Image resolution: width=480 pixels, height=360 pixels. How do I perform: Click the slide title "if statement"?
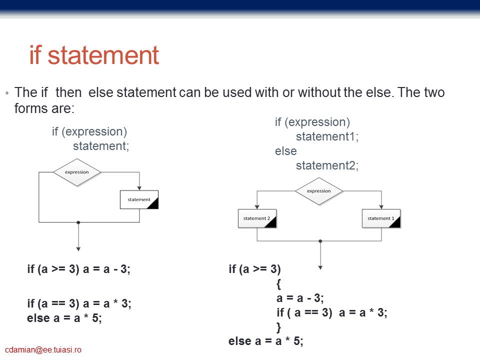coord(94,55)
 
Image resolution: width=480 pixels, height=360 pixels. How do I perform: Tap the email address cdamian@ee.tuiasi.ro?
coord(43,349)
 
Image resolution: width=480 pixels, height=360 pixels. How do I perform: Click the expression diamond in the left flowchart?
coord(77,172)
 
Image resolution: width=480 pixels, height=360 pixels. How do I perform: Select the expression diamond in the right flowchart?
coord(319,191)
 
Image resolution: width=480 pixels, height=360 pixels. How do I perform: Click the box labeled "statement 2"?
coord(257,218)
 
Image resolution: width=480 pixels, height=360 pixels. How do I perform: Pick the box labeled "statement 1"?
coord(381,218)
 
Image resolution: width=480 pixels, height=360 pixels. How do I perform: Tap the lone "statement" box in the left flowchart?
coord(139,199)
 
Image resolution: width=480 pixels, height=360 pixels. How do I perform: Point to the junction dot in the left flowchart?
coord(78,222)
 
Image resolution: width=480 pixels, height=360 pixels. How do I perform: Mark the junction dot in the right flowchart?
coord(320,241)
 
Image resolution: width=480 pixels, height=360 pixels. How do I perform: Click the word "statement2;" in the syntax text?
coord(327,165)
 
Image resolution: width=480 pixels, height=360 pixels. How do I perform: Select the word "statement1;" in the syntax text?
coord(327,136)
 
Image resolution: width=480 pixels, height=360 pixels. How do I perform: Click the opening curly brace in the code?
coord(278,284)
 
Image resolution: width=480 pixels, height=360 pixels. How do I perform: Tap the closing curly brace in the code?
coord(278,327)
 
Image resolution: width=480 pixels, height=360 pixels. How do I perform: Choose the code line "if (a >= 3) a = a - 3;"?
coord(78,269)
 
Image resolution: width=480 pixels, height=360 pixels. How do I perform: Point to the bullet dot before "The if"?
coord(7,93)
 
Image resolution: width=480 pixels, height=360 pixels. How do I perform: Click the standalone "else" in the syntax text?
coord(285,151)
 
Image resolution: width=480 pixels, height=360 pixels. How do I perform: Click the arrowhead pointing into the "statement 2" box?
coord(257,207)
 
